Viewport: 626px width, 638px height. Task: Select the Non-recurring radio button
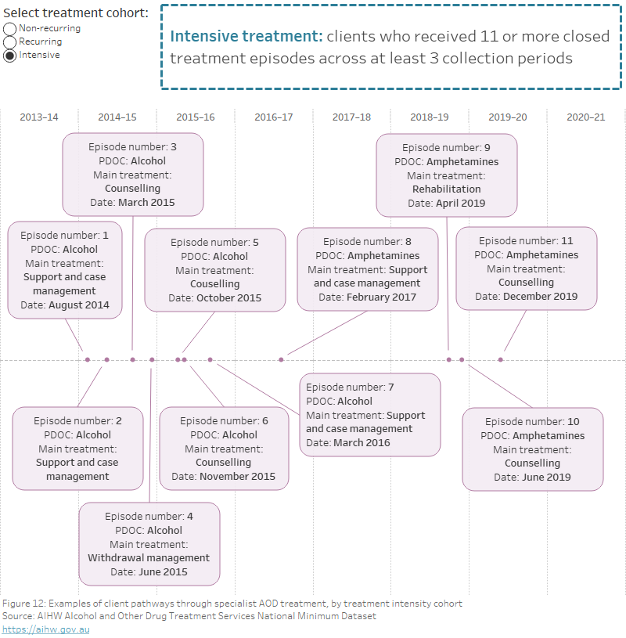tap(9, 28)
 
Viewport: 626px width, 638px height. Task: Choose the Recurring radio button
tap(9, 41)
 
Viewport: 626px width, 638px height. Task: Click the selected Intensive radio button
tap(9, 56)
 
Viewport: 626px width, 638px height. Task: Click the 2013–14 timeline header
tap(38, 117)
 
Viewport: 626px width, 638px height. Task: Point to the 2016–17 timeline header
tap(273, 117)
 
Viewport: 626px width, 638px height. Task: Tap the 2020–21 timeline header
tap(585, 117)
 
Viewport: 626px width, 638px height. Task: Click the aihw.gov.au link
tap(45, 629)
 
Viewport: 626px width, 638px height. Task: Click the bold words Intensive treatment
tap(246, 37)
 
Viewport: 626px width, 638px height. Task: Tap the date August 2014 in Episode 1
tap(79, 305)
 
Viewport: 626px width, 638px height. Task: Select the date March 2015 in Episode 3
tap(146, 203)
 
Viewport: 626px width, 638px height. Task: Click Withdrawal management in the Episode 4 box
tap(149, 558)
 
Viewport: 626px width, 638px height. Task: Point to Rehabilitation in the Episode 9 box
tap(446, 189)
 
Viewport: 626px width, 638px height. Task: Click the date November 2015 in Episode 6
tap(236, 476)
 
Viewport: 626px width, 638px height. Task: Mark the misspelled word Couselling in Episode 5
tap(214, 284)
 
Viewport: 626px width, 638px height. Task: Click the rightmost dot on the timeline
tap(501, 360)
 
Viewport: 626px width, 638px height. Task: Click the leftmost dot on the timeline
tap(88, 360)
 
